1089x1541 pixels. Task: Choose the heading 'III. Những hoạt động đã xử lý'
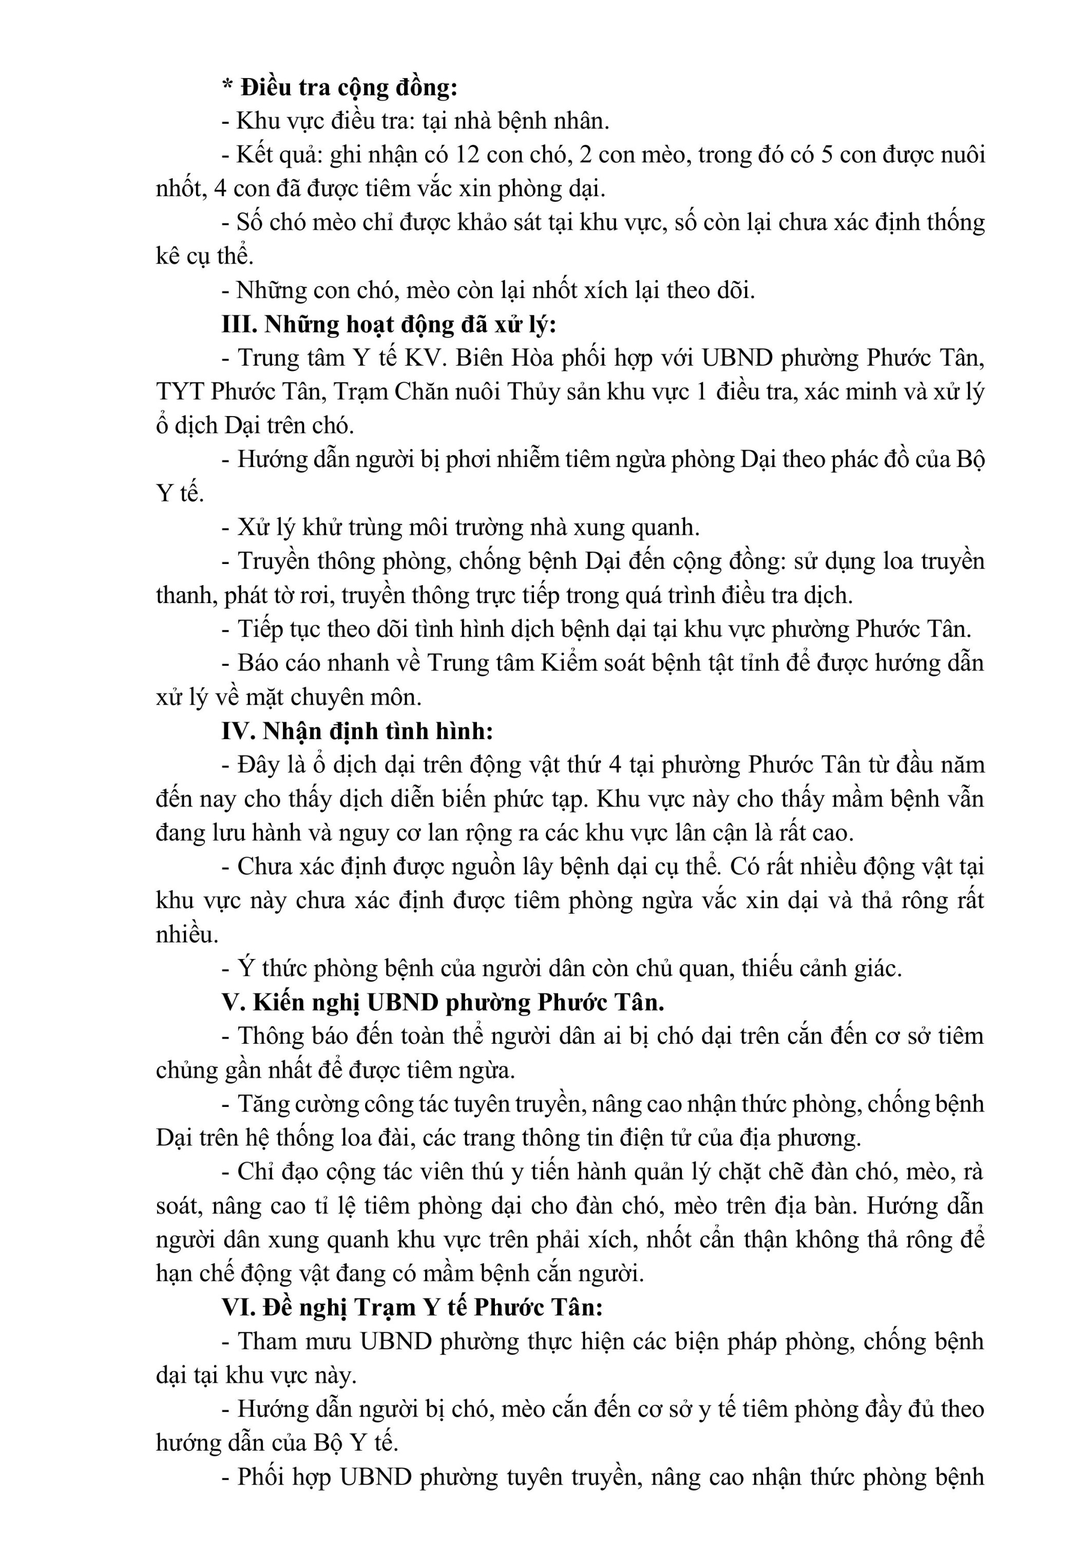[389, 324]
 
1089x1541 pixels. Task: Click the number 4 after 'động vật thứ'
[614, 765]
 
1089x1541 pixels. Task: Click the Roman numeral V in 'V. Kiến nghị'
[230, 1003]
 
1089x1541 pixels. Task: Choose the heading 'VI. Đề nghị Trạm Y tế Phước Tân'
[412, 1307]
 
